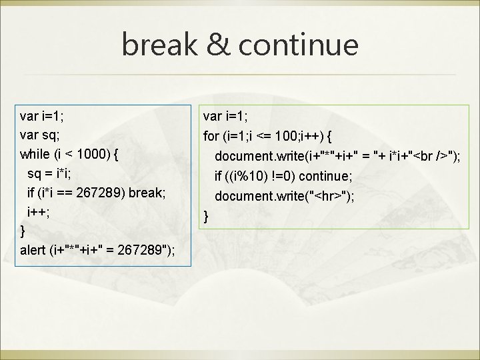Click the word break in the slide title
[x=159, y=45]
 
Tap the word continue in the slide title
[x=299, y=45]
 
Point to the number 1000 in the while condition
[x=92, y=155]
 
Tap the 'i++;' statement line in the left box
[x=37, y=212]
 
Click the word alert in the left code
[x=33, y=251]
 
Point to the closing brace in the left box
[x=23, y=231]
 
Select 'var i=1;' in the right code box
[x=225, y=117]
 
